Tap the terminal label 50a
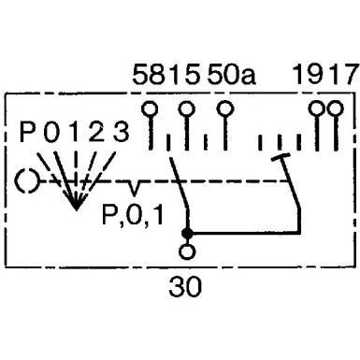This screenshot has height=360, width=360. pyautogui.click(x=232, y=75)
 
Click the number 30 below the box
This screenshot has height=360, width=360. pyautogui.click(x=185, y=287)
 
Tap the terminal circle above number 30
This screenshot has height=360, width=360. pyautogui.click(x=187, y=252)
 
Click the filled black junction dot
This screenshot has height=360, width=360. pyautogui.click(x=187, y=233)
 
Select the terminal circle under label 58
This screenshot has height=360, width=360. pyautogui.click(x=150, y=109)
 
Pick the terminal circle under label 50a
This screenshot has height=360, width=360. pyautogui.click(x=225, y=109)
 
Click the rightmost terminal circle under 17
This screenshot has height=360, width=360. pyautogui.click(x=336, y=109)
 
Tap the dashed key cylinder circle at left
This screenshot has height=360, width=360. pyautogui.click(x=27, y=181)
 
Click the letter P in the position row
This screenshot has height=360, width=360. pyautogui.click(x=27, y=132)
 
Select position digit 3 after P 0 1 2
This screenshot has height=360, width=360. pyautogui.click(x=121, y=132)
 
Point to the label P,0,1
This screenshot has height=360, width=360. pyautogui.click(x=133, y=214)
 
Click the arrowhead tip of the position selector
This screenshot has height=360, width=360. pyautogui.click(x=76, y=209)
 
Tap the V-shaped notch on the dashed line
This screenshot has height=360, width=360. pyautogui.click(x=134, y=188)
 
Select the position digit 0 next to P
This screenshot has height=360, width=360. pyautogui.click(x=51, y=132)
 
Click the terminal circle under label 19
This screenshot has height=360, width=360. pyautogui.click(x=317, y=109)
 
